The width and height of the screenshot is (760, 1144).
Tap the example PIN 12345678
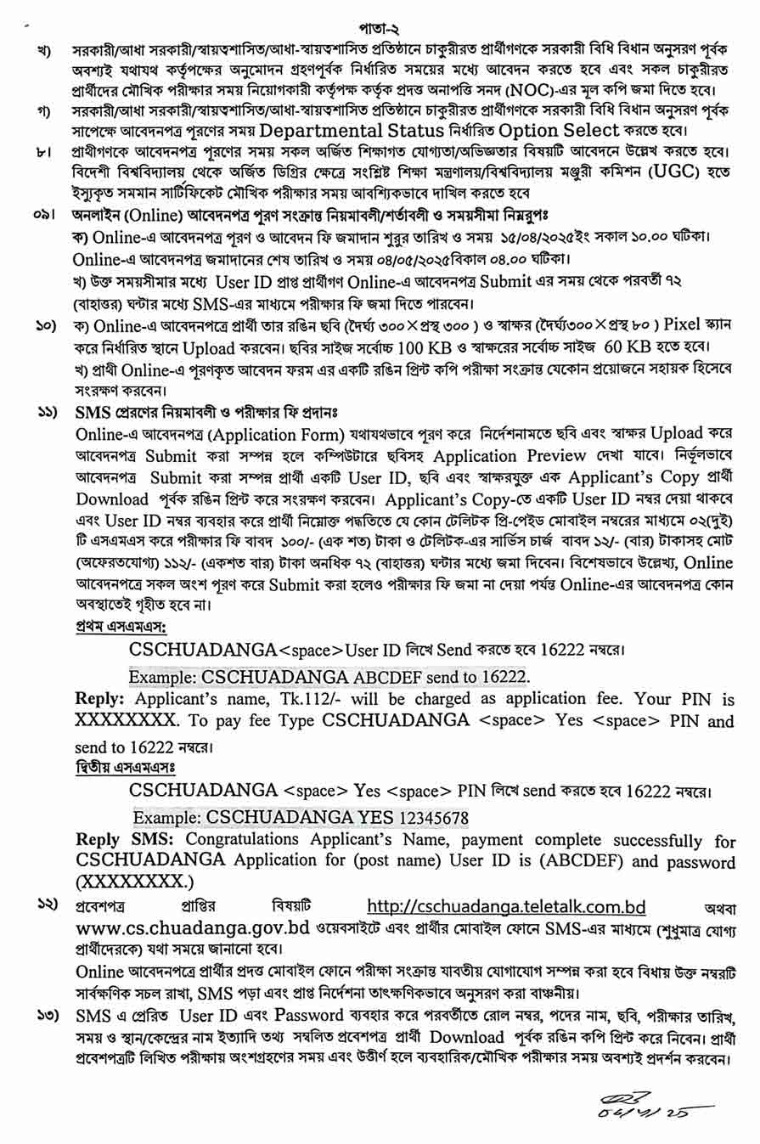point(429,817)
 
